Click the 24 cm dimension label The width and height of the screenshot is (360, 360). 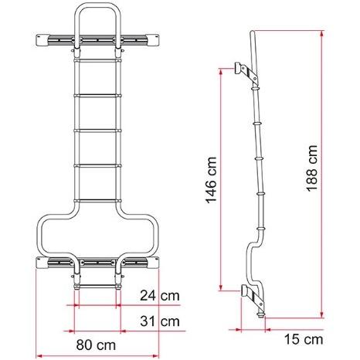click(x=160, y=296)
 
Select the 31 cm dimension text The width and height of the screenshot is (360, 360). click(x=160, y=321)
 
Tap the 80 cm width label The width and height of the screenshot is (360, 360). click(x=96, y=345)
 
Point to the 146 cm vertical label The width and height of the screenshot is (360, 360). click(x=211, y=180)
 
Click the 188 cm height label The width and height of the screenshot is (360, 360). click(x=312, y=168)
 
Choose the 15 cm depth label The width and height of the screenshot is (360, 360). click(x=304, y=339)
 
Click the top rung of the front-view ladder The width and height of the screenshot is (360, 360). click(x=97, y=60)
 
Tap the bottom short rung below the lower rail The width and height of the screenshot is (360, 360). click(x=97, y=286)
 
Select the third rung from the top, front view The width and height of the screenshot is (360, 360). click(x=97, y=131)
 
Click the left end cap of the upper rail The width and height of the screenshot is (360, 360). click(x=41, y=40)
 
